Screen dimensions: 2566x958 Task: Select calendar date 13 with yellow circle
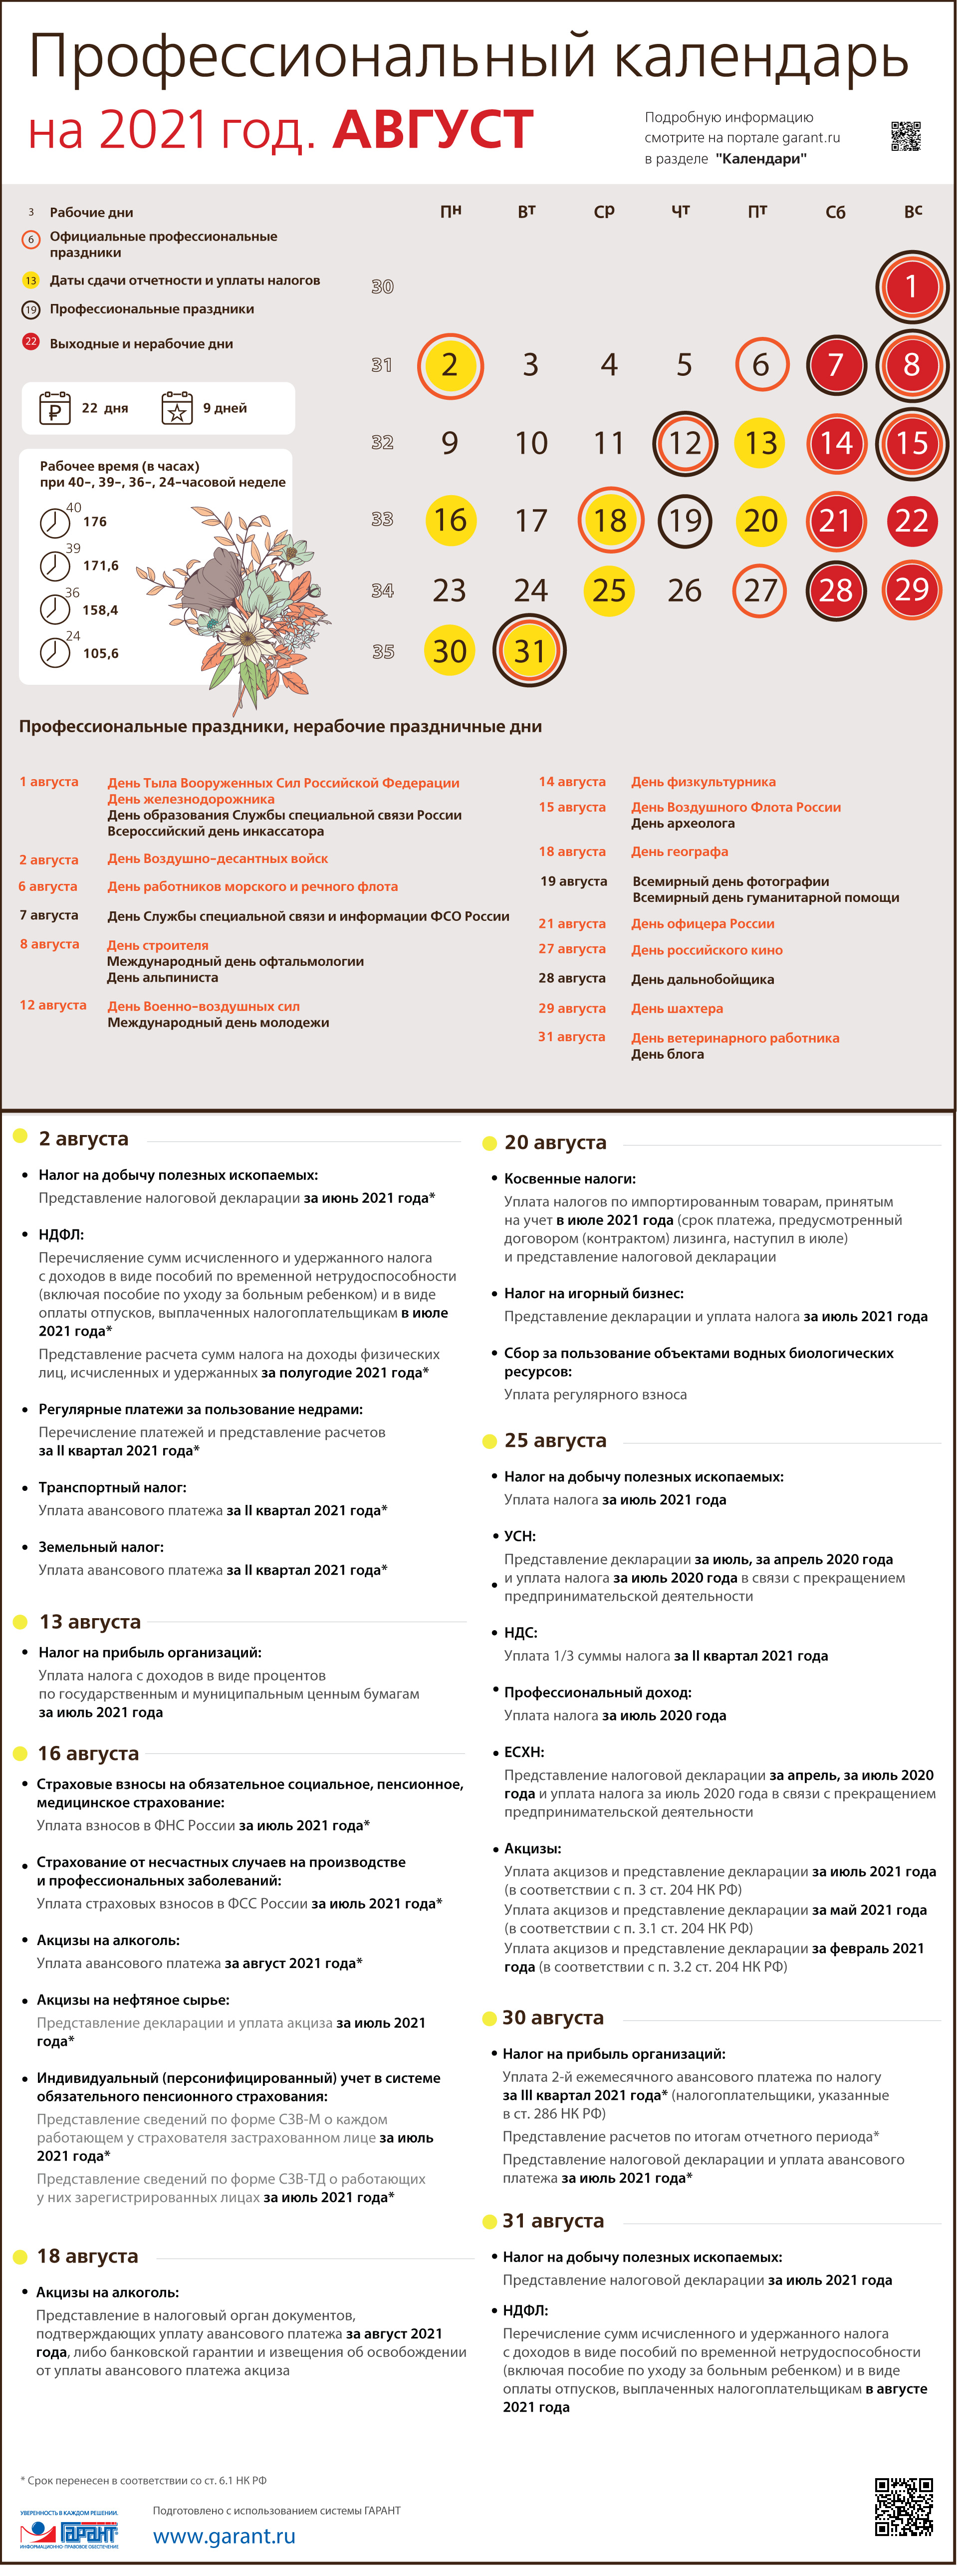click(761, 443)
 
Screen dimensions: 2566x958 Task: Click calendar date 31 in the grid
click(530, 651)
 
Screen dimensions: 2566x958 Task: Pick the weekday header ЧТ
click(681, 211)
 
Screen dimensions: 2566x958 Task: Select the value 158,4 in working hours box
click(101, 609)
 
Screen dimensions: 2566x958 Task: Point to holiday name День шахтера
click(677, 1008)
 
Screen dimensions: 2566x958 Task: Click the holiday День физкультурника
click(703, 782)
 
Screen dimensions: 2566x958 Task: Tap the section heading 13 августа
click(90, 1622)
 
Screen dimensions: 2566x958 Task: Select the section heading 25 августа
click(555, 1440)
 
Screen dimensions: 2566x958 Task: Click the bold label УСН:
click(520, 1536)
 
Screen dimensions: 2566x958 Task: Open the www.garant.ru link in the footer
click(224, 2536)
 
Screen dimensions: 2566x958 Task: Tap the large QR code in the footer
click(903, 2506)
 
